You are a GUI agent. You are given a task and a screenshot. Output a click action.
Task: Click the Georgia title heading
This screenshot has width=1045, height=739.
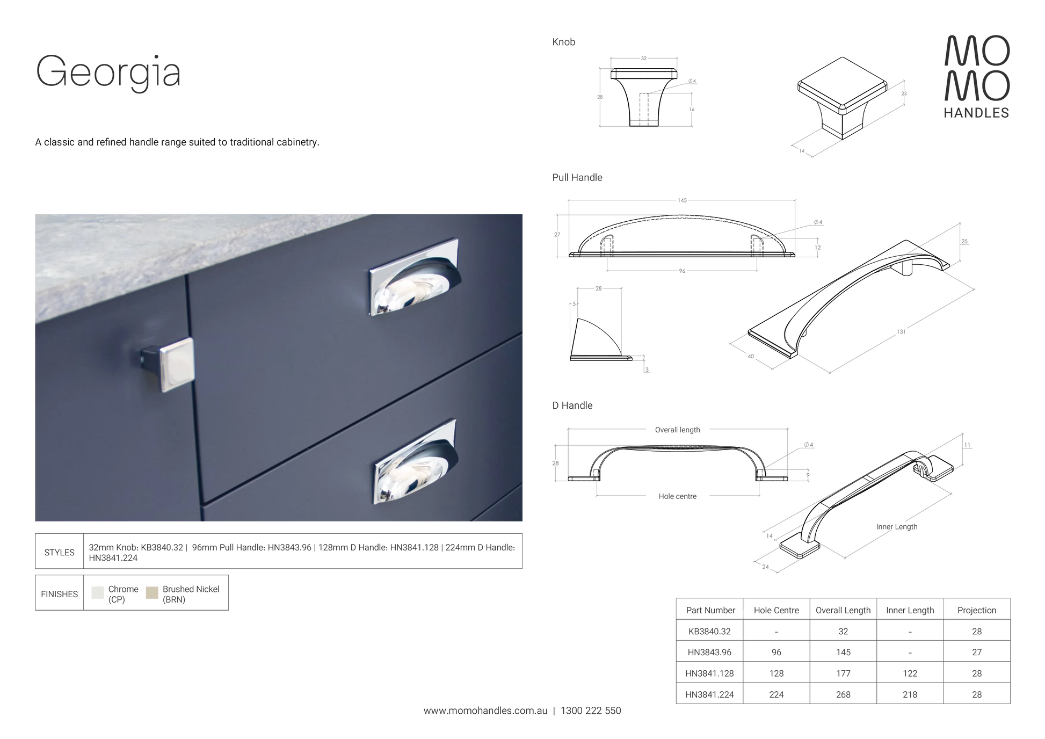click(x=108, y=71)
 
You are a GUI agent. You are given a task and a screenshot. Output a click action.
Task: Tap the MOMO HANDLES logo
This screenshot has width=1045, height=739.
click(x=977, y=76)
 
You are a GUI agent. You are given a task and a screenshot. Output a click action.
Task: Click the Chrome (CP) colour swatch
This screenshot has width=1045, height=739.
click(x=97, y=592)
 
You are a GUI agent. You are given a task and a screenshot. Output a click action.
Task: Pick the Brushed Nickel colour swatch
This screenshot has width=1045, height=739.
click(x=152, y=592)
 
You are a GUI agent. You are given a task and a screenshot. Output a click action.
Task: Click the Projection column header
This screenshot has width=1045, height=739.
click(x=976, y=610)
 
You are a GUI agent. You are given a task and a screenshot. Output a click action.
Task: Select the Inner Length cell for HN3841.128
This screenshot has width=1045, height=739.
click(x=910, y=673)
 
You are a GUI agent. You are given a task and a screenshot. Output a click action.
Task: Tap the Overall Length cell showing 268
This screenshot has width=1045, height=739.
click(x=843, y=694)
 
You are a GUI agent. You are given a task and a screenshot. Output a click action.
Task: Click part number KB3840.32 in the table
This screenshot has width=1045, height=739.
click(x=709, y=632)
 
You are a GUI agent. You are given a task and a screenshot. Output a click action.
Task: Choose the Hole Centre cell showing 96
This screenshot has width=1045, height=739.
click(x=776, y=653)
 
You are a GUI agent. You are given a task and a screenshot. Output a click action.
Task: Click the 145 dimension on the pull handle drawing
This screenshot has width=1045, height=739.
click(x=682, y=200)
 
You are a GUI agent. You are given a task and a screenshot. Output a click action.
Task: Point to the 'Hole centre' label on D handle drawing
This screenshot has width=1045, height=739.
click(x=677, y=496)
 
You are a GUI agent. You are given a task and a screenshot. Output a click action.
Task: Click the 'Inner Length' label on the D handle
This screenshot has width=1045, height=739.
click(x=897, y=527)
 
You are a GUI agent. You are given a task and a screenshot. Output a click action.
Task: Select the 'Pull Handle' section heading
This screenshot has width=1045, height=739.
click(x=577, y=178)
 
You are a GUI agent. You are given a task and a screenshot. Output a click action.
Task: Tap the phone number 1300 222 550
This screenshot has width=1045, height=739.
click(x=591, y=711)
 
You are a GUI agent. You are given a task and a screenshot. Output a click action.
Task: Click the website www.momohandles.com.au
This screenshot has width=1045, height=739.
click(x=485, y=711)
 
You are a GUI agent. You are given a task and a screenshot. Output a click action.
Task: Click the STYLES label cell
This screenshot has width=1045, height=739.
click(x=59, y=552)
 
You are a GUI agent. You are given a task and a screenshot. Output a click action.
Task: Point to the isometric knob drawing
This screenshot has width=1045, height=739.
click(x=842, y=98)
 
